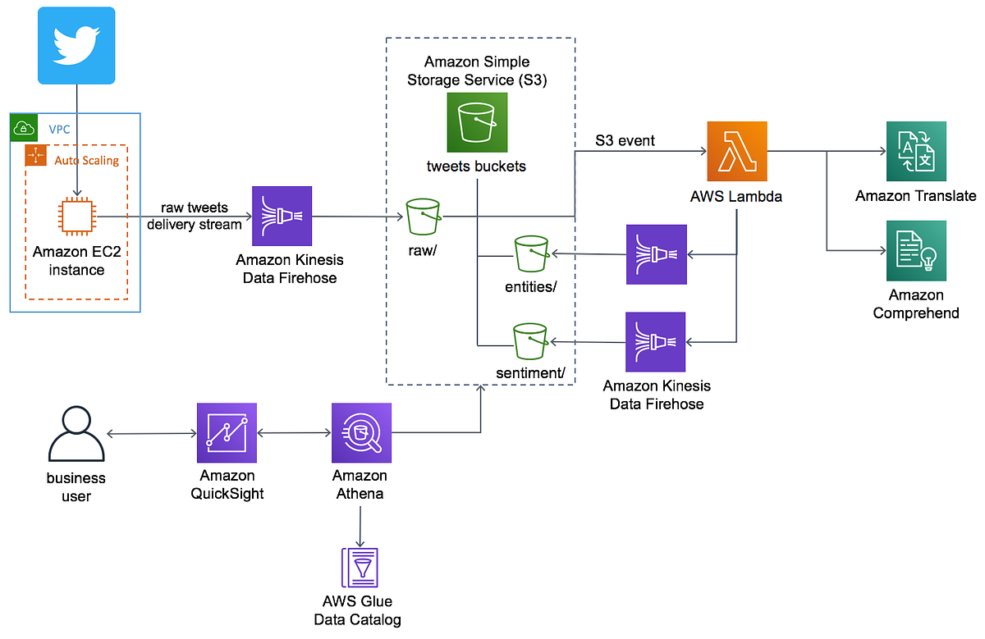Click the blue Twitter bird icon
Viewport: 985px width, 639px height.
77,45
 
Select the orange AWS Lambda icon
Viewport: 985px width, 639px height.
736,152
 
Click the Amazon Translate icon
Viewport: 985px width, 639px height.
916,152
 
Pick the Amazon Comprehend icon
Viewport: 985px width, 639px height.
916,250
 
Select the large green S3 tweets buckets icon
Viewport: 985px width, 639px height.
477,122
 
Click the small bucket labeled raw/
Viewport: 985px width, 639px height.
424,217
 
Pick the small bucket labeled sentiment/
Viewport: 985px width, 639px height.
530,340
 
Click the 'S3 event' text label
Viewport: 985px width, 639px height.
625,141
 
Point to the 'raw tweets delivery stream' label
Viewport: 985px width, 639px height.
194,217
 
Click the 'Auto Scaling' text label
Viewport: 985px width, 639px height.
86,161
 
